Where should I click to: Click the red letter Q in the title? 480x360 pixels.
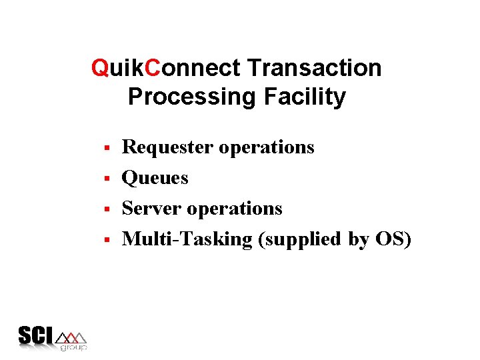101,68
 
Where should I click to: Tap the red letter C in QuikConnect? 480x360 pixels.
153,68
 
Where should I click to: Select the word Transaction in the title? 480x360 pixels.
314,68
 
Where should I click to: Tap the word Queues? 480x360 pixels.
155,178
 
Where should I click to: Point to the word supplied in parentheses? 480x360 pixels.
304,240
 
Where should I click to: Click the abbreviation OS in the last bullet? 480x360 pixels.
389,239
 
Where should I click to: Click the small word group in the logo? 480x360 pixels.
73,347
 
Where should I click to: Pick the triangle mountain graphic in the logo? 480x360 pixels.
72,336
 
